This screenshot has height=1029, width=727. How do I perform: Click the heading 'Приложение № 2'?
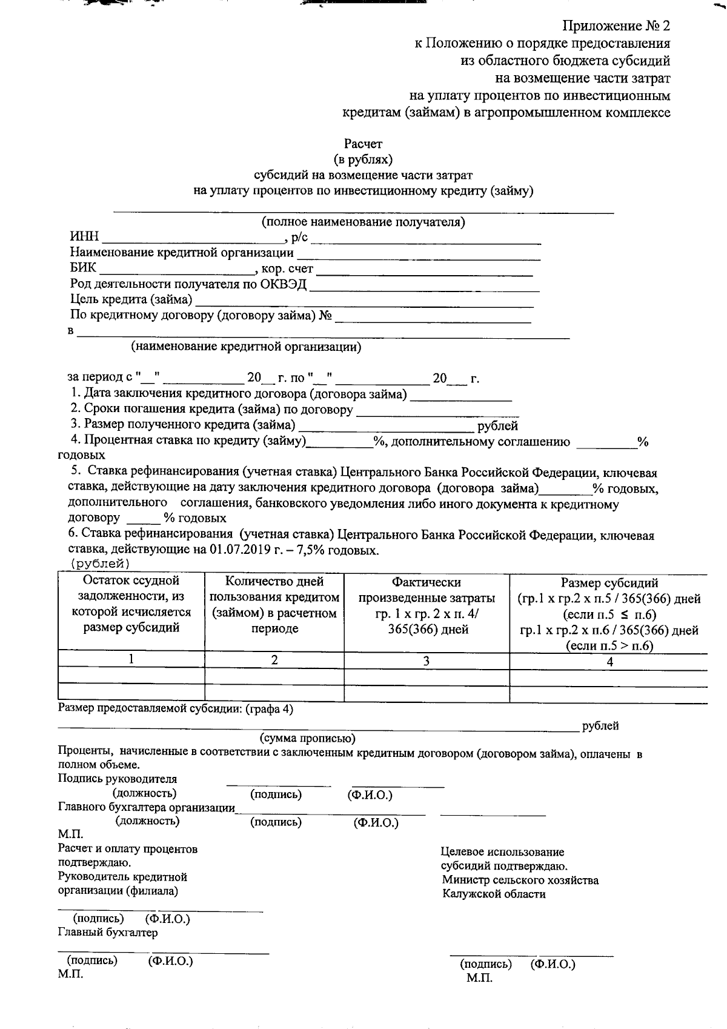tap(616, 26)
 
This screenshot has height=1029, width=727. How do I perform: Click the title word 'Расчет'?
tap(363, 144)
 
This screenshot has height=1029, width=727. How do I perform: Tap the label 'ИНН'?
tap(84, 238)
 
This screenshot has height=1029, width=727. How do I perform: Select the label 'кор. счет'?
tap(287, 268)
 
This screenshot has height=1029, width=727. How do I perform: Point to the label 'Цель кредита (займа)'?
tap(131, 299)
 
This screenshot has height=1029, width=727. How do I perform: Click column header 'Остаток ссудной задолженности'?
tap(131, 605)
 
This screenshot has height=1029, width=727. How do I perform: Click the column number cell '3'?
tap(426, 661)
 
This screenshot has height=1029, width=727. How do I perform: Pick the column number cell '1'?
tap(131, 659)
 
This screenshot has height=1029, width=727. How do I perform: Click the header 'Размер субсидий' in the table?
tap(609, 584)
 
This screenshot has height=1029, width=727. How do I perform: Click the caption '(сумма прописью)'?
tap(308, 739)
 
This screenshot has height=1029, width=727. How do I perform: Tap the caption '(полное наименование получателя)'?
tap(363, 222)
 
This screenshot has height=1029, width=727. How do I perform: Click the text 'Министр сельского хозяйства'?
tap(520, 881)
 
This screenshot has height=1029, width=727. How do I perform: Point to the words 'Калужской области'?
tap(494, 894)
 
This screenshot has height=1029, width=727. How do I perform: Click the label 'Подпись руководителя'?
tap(118, 779)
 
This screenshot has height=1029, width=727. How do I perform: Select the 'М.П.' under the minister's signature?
tap(479, 978)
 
